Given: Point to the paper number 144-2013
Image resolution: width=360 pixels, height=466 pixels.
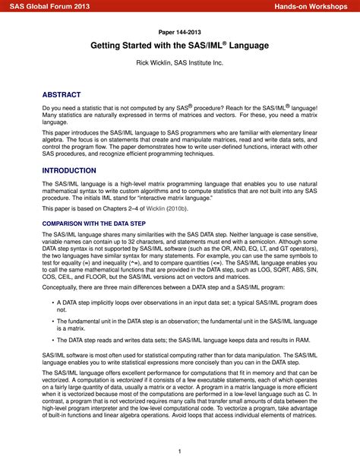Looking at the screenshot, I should pos(179,32).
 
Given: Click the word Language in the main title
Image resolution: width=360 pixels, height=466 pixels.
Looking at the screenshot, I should pos(245,46).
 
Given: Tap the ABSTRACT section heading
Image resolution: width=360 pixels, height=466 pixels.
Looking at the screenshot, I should pos(64,94).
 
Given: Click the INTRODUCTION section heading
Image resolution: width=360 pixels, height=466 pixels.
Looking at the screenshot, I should pos(69,171).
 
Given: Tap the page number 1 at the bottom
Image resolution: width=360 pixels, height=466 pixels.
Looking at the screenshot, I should pos(180,451).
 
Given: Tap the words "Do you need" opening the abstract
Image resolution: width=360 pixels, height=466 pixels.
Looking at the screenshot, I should pos(62,109).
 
